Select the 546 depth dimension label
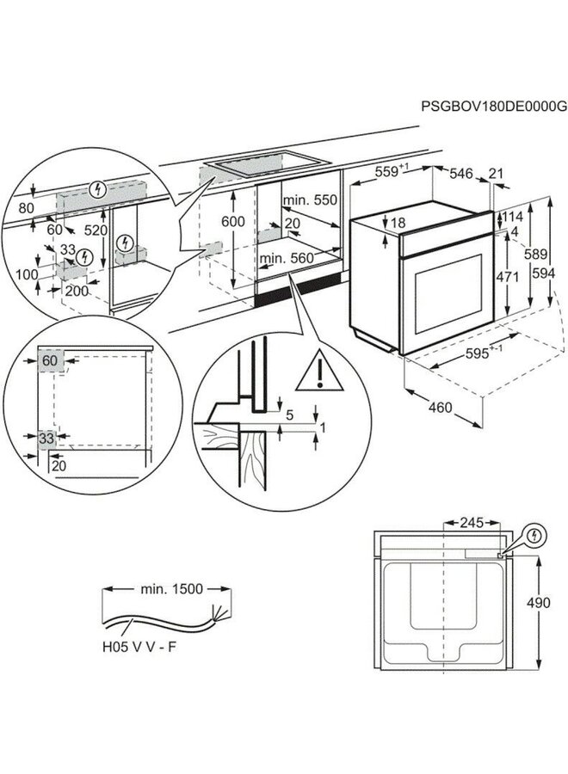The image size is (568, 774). pyautogui.click(x=461, y=174)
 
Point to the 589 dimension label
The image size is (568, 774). pyautogui.click(x=536, y=255)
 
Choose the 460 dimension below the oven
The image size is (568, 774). pyautogui.click(x=440, y=408)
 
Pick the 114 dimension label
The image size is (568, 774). pyautogui.click(x=513, y=217)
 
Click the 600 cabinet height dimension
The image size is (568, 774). pyautogui.click(x=233, y=221)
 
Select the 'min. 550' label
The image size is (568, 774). pyautogui.click(x=311, y=200)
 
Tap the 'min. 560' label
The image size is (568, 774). pyautogui.click(x=287, y=257)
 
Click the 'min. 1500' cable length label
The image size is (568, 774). pyautogui.click(x=170, y=589)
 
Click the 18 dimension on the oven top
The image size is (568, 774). pyautogui.click(x=398, y=223)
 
